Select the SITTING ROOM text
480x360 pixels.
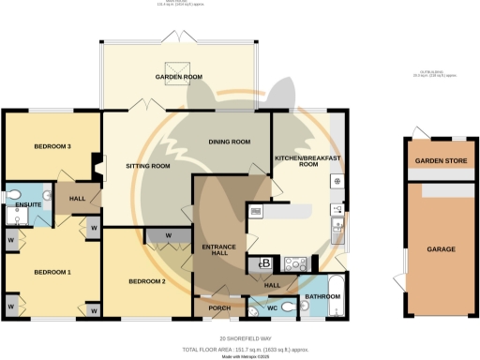(x=147, y=166)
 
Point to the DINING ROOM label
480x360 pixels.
(x=229, y=142)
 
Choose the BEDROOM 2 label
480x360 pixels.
(x=147, y=281)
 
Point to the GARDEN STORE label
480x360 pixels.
(x=441, y=159)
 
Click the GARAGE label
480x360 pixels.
(x=441, y=249)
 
